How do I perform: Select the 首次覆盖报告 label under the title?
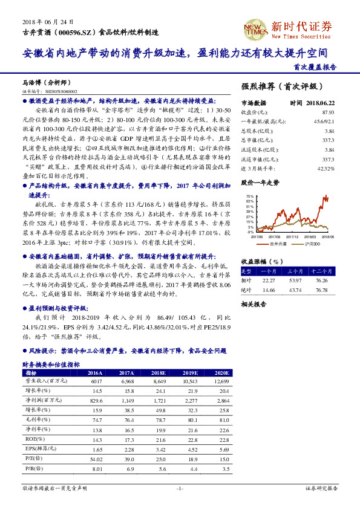(x=315, y=67)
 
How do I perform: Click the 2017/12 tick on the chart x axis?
(x=289, y=238)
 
